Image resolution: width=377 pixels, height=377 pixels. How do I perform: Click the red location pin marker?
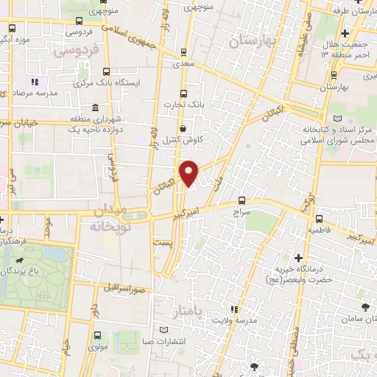[x=190, y=173]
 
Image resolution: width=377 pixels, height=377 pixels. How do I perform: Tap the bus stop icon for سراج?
[x=242, y=200]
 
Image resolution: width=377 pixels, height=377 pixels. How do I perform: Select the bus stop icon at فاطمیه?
[x=318, y=219]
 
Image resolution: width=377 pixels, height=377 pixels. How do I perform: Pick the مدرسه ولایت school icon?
[x=234, y=309]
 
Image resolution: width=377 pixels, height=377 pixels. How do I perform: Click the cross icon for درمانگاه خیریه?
[x=298, y=258]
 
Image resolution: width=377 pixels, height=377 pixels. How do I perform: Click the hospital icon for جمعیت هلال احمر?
[x=345, y=34]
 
